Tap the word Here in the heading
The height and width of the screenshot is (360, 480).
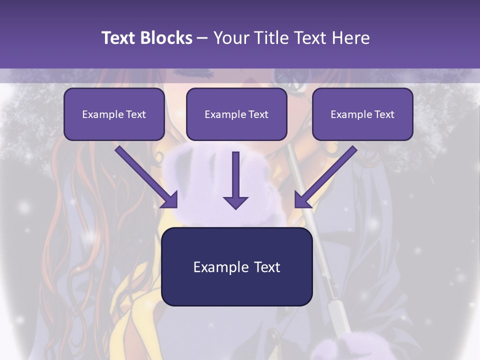point(351,38)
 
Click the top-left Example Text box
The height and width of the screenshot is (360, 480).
point(114,114)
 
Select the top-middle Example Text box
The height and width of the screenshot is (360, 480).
point(236,114)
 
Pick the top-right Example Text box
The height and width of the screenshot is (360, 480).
point(362,114)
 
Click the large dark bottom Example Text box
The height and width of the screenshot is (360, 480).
point(236,267)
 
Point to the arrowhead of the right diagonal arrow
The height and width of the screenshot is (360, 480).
point(302,199)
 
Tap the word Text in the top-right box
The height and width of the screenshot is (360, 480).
point(384,114)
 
